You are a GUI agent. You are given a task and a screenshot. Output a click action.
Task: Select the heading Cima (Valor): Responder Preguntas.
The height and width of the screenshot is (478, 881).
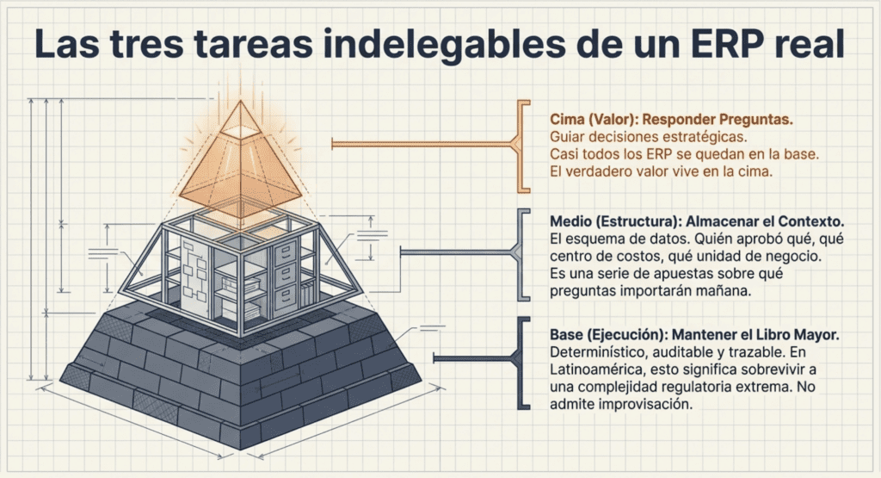point(671,119)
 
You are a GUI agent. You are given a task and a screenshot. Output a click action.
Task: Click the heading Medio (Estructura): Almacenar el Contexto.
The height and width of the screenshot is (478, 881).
point(697,221)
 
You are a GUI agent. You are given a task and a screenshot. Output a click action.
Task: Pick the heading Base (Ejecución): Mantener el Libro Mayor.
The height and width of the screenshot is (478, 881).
point(694,334)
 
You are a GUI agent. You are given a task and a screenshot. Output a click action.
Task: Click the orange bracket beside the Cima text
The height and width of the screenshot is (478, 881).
point(522,146)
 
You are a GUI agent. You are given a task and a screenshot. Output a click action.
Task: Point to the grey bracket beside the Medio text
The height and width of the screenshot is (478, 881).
point(521,254)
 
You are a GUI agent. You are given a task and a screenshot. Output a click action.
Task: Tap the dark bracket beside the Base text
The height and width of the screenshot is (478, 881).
point(521,363)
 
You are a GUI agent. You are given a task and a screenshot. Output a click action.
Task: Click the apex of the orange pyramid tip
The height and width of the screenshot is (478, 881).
point(241,102)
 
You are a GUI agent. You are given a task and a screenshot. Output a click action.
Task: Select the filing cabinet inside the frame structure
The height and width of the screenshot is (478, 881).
point(286,276)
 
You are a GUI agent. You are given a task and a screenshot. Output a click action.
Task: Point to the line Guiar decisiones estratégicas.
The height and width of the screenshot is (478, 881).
point(649,137)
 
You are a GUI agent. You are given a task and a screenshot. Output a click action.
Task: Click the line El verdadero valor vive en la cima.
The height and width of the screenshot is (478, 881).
point(662,171)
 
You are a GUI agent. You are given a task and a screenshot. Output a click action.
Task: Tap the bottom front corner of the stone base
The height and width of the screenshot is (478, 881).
point(242,449)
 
